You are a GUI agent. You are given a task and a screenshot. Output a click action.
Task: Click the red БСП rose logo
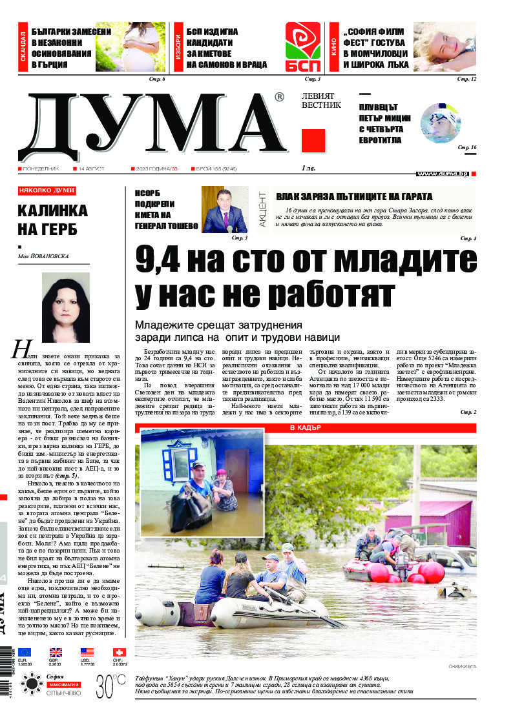click(x=303, y=46)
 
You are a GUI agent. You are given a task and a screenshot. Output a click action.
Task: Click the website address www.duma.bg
click(x=443, y=174)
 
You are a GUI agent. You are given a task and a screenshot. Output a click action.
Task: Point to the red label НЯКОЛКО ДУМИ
click(x=47, y=190)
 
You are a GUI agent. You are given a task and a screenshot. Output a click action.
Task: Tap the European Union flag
click(x=25, y=652)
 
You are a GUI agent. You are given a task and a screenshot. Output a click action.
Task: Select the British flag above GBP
click(x=56, y=652)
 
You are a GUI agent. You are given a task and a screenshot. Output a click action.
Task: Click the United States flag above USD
click(x=87, y=652)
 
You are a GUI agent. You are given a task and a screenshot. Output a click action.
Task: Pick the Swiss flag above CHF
click(x=119, y=652)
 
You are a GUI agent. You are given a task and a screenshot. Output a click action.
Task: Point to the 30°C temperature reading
click(x=110, y=684)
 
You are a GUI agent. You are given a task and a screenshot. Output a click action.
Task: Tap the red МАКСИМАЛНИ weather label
click(x=63, y=684)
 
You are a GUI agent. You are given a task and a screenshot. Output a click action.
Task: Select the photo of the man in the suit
click(x=225, y=210)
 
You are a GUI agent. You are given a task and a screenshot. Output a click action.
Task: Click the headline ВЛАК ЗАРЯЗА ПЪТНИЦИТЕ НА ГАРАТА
click(x=354, y=197)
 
